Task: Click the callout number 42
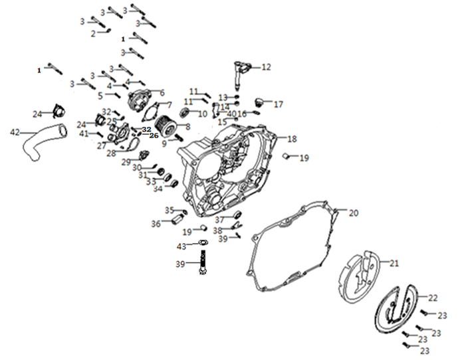(x=15, y=132)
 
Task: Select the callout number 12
(x=267, y=66)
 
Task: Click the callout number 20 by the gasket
(x=354, y=213)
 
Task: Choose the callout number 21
(x=394, y=263)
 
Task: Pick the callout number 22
(x=433, y=298)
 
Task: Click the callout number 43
(x=181, y=247)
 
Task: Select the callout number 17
(x=279, y=104)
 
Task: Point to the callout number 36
(x=156, y=224)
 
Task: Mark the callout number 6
(x=162, y=92)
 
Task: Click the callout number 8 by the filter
(x=188, y=126)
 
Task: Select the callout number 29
(x=126, y=162)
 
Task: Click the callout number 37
(x=219, y=220)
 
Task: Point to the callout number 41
(x=84, y=134)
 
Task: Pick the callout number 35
(x=170, y=210)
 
